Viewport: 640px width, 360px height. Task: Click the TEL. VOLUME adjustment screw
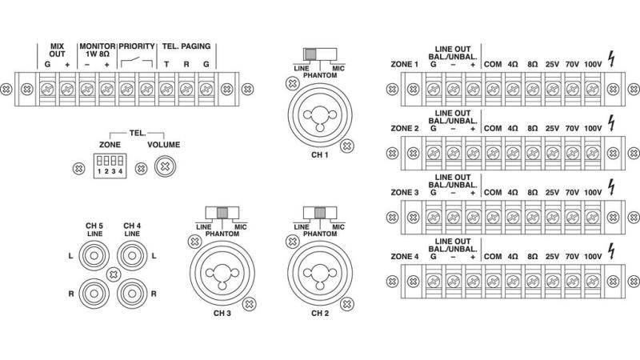[165, 167]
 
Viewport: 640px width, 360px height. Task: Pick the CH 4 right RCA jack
[133, 292]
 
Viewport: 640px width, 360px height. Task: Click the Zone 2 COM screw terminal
[493, 150]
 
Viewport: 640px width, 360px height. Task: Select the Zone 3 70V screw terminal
[573, 215]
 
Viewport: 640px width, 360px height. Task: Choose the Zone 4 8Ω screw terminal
[533, 280]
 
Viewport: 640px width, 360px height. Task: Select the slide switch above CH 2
[315, 214]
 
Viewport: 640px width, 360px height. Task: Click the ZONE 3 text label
[403, 192]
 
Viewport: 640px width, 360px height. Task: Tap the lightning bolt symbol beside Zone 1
[612, 58]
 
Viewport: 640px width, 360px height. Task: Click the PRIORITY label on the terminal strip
[136, 47]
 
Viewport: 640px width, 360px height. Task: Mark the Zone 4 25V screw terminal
[553, 280]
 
